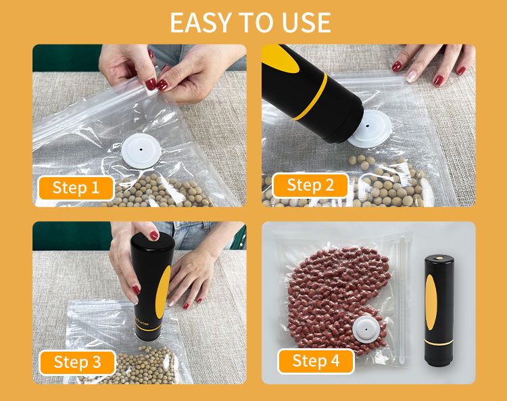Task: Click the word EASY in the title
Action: (200, 22)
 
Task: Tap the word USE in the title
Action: (306, 22)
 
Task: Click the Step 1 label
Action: (76, 188)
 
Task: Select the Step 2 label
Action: (310, 185)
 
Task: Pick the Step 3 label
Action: (77, 362)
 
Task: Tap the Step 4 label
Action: (316, 361)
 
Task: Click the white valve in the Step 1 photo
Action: (141, 151)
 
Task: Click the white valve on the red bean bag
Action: (367, 329)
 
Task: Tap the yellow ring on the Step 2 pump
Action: (310, 97)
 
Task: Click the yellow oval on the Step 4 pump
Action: (431, 302)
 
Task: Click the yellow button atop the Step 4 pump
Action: (439, 258)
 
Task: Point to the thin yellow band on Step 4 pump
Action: (439, 342)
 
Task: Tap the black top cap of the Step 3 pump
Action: (153, 241)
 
